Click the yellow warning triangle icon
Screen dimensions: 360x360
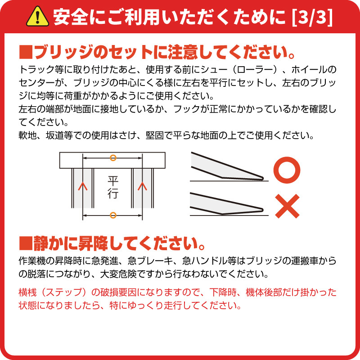click(37, 17)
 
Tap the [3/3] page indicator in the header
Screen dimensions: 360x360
click(312, 18)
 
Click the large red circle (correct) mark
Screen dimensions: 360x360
click(287, 170)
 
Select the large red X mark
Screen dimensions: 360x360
click(287, 206)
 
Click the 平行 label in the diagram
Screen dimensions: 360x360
click(113, 187)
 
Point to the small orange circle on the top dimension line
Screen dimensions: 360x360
click(113, 158)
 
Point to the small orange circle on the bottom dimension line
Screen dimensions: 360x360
click(113, 215)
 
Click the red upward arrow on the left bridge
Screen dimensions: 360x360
click(83, 186)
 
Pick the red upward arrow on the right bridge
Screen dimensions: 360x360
click(142, 186)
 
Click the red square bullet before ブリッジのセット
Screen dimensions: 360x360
click(26, 52)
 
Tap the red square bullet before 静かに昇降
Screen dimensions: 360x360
click(26, 243)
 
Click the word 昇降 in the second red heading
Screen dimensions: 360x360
click(93, 243)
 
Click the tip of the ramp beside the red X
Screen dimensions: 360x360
click(263, 209)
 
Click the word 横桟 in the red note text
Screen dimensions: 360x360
click(27, 292)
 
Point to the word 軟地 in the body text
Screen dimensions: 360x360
click(27, 135)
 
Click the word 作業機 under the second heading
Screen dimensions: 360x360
click(32, 261)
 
